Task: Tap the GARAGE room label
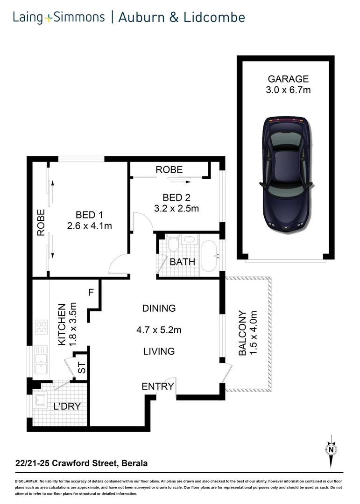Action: (x=288, y=79)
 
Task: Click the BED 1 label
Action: (x=89, y=215)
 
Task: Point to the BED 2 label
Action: (x=176, y=197)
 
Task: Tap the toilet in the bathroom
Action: (x=173, y=244)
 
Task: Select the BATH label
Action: (x=182, y=262)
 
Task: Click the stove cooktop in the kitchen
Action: (x=41, y=327)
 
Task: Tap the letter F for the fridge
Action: (x=92, y=293)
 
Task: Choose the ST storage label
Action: (x=82, y=369)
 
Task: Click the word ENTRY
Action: (x=158, y=386)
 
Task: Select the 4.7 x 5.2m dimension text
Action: (x=159, y=330)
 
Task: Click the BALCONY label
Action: (x=242, y=333)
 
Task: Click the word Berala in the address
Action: (x=135, y=463)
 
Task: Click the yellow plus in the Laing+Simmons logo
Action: (x=49, y=19)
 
